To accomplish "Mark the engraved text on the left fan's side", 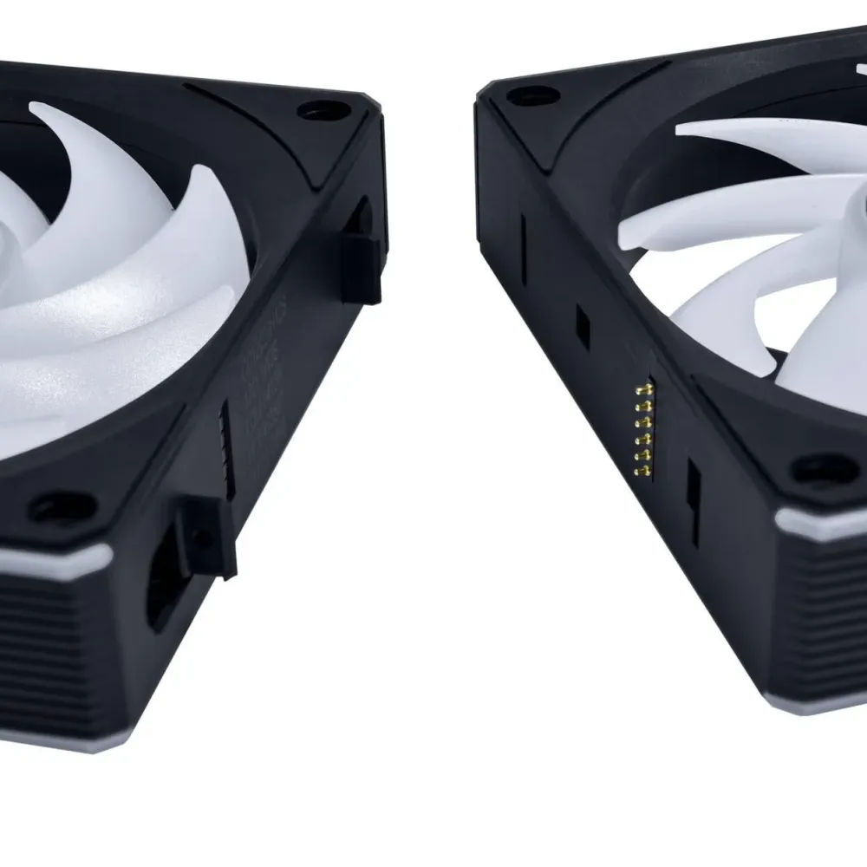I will [264, 381].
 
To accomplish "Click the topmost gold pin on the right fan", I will [642, 388].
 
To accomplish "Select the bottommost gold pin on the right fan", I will [642, 471].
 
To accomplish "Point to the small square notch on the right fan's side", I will [583, 325].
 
